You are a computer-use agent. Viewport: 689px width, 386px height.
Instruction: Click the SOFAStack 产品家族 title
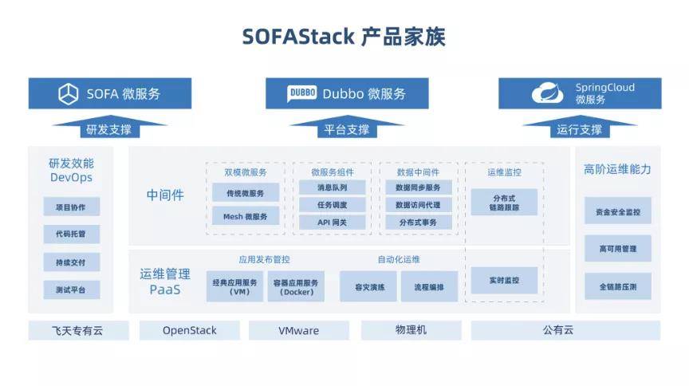[x=344, y=37]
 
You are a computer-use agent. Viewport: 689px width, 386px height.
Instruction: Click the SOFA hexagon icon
[x=68, y=93]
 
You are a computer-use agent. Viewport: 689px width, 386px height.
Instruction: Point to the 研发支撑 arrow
[x=109, y=128]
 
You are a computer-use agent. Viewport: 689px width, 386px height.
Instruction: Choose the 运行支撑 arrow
[x=580, y=128]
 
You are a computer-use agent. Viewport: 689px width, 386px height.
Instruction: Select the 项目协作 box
[x=71, y=207]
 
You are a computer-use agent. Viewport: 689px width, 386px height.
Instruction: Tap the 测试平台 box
[x=71, y=289]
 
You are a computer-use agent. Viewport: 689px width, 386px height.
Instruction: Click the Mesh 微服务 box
[x=246, y=215]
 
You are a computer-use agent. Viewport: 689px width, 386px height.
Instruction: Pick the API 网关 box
[x=332, y=223]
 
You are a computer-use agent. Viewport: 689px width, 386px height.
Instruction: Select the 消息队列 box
[x=332, y=187]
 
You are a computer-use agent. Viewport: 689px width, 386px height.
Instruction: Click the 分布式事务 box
[x=419, y=223]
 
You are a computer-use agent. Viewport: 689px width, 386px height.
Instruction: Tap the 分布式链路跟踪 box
[x=504, y=202]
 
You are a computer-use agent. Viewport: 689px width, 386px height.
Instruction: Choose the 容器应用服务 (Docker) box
[x=295, y=286]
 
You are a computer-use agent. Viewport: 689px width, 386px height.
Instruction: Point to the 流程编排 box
[x=428, y=286]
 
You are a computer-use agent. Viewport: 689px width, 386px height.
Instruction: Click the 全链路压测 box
[x=618, y=286]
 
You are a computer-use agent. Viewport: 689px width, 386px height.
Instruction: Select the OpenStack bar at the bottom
[x=190, y=330]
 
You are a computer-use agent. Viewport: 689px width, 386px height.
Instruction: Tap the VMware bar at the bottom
[x=299, y=330]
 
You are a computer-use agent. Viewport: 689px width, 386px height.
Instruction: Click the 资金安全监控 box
[x=618, y=212]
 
